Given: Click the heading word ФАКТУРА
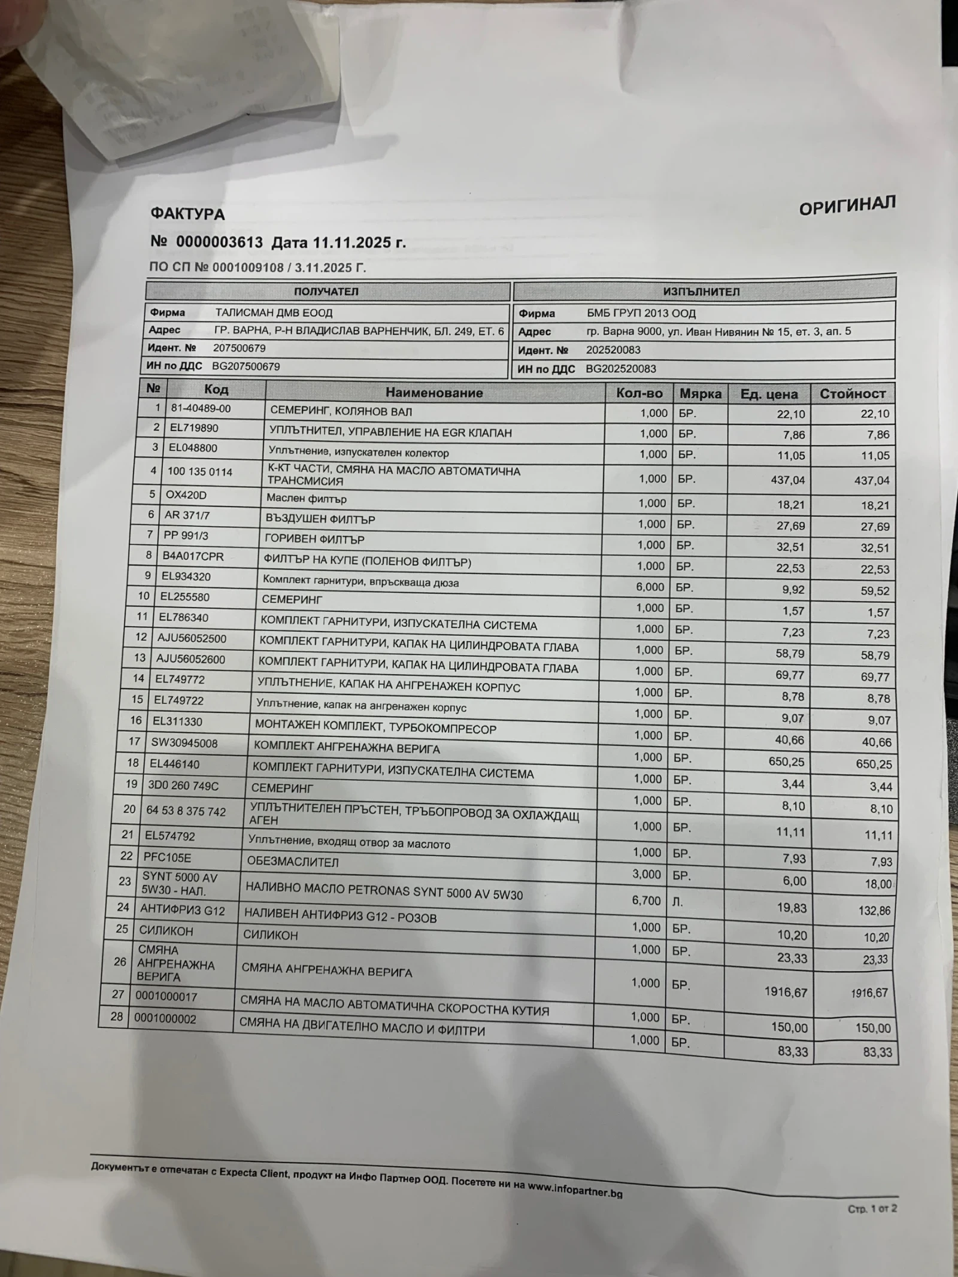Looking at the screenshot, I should (x=187, y=214).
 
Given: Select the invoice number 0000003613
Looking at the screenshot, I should (x=219, y=242).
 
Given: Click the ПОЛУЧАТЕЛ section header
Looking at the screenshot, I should (x=326, y=292).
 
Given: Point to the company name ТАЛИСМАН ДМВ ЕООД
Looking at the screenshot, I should (x=274, y=313).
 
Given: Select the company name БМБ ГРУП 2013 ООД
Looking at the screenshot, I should (x=641, y=314).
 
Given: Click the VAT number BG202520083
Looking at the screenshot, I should (x=620, y=369).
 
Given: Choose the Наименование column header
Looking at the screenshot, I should (x=433, y=393).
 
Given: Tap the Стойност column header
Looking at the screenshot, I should (x=852, y=393).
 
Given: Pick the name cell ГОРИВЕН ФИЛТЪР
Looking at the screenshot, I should (x=314, y=539).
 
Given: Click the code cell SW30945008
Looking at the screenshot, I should (x=184, y=743).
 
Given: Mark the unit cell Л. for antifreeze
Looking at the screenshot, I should (x=677, y=902).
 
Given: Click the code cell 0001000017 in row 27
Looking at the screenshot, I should (x=166, y=997).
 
